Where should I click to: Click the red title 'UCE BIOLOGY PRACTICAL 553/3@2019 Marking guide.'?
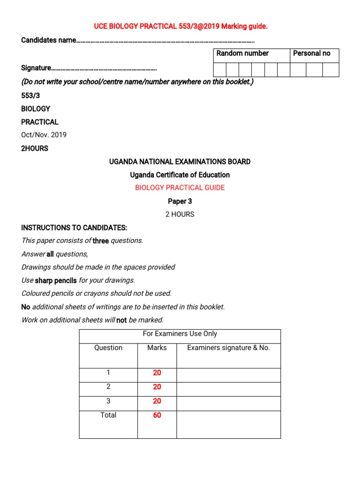tap(180, 27)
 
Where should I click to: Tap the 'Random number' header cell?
tap(242, 53)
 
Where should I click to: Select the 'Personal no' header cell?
tap(311, 53)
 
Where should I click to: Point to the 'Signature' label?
tap(36, 68)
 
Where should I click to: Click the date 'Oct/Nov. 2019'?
tap(44, 135)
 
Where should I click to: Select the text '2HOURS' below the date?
tap(35, 149)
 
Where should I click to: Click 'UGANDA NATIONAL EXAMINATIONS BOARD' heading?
tap(180, 162)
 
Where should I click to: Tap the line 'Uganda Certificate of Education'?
tap(180, 175)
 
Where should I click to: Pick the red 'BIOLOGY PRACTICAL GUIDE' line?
tap(180, 188)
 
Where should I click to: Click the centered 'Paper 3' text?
tap(180, 202)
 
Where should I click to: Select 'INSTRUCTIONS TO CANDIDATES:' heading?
tap(74, 228)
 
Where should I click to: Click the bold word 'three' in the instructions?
tap(100, 241)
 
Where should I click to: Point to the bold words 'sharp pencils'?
tap(56, 281)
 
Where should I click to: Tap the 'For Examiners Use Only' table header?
tap(180, 334)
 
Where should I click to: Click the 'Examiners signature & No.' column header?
tap(228, 348)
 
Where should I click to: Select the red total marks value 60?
tap(157, 415)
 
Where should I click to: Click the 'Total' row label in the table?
tap(108, 415)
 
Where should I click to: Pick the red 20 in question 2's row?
tap(157, 387)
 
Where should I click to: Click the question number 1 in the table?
tap(108, 373)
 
